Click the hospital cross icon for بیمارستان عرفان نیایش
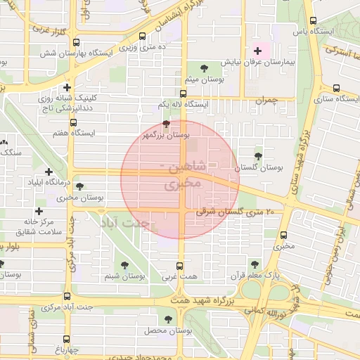point(257,51)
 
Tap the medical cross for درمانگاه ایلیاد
point(49,172)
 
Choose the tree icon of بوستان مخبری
point(79,187)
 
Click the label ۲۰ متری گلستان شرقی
point(236,211)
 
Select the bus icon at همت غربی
point(179,266)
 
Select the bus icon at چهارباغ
point(58,348)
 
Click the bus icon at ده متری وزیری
point(143,37)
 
